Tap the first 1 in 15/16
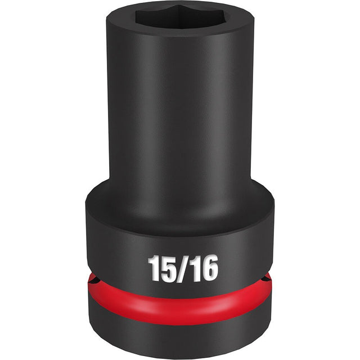pyautogui.click(x=152, y=269)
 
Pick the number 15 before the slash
pyautogui.click(x=159, y=269)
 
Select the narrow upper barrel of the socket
pyautogui.click(x=180, y=112)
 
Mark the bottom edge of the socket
pyautogui.click(x=180, y=355)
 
